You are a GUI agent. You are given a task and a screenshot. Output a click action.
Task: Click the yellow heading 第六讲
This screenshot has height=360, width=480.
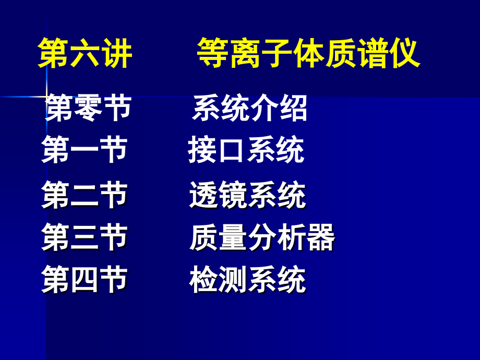85,53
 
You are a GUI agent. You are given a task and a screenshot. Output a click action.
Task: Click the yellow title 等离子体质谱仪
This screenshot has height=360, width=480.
308,53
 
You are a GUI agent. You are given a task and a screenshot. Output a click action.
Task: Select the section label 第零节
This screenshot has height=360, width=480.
88,109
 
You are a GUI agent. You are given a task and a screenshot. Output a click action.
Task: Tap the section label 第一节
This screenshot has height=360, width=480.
85,150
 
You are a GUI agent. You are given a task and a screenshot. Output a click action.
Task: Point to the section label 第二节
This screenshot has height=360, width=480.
85,195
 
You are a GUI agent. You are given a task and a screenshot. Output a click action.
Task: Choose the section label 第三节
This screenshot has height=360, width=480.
85,237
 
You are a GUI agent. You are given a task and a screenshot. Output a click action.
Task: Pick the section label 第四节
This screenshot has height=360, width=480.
85,280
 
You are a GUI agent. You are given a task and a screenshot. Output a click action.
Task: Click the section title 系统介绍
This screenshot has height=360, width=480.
250,109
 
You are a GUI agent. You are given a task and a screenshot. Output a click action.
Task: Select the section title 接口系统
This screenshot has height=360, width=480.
246,150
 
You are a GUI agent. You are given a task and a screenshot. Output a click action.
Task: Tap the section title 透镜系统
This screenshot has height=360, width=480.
247,196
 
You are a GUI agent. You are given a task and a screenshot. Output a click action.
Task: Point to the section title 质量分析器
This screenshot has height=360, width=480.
262,237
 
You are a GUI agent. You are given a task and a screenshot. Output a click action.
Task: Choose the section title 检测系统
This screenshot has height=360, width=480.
247,280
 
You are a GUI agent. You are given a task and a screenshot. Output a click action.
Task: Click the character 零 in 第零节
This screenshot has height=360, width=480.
88,109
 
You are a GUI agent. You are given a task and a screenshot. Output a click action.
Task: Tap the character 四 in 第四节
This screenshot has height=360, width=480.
85,280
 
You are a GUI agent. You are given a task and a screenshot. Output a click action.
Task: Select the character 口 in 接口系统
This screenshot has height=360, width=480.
231,151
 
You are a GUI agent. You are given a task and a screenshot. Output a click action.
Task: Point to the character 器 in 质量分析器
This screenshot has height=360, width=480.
320,237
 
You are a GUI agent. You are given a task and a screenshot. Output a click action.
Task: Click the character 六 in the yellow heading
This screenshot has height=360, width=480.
85,53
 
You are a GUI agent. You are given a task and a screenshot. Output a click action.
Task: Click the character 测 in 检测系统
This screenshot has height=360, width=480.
233,280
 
